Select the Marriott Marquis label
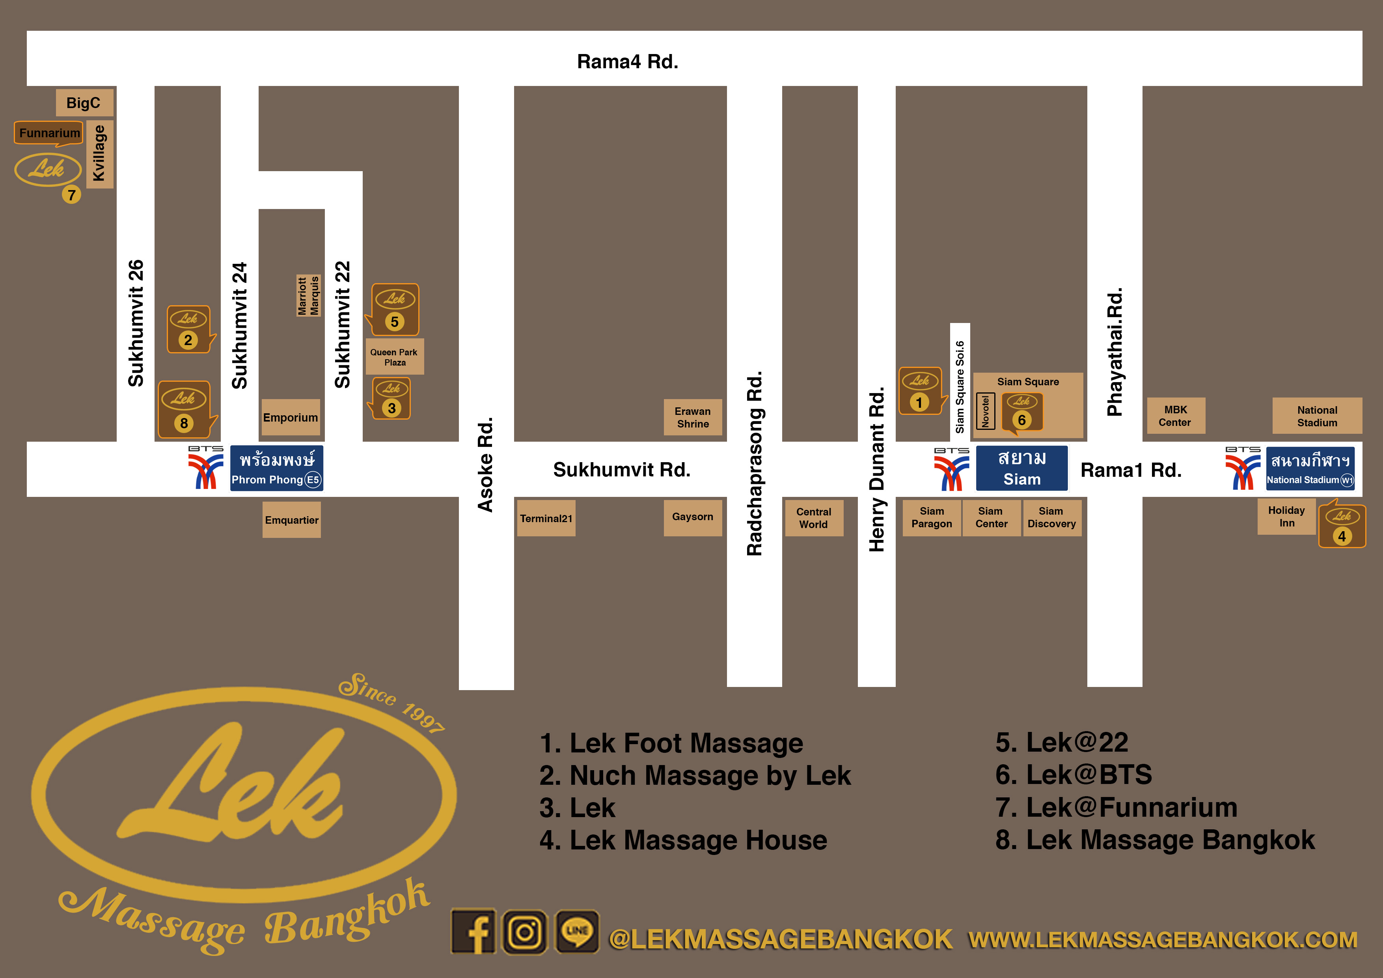[x=308, y=295]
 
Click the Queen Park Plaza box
[x=395, y=357]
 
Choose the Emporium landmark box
[x=290, y=417]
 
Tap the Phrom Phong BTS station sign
[x=276, y=468]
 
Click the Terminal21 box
[x=546, y=518]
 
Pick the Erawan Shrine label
[x=693, y=417]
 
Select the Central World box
[x=813, y=518]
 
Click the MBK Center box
[x=1175, y=416]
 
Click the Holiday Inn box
[x=1286, y=517]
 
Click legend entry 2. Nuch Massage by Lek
[x=695, y=776]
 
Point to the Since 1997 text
[x=391, y=702]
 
